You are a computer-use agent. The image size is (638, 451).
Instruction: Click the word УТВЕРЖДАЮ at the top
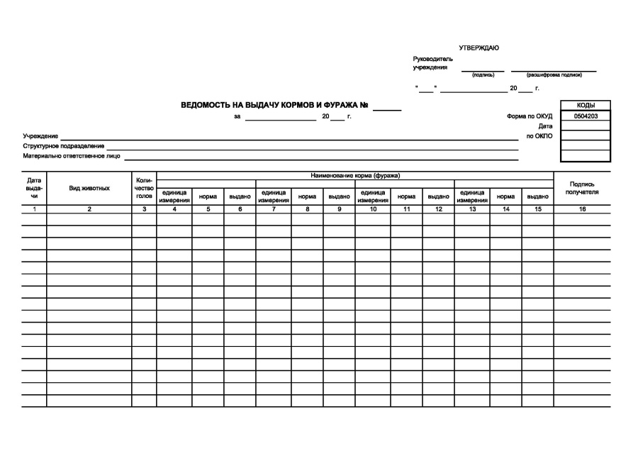coord(478,48)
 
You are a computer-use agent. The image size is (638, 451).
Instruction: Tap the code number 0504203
coord(586,116)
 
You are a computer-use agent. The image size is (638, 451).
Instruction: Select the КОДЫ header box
coord(586,105)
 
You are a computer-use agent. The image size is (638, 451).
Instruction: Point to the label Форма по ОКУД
coord(530,116)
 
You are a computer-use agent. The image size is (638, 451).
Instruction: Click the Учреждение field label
coord(40,135)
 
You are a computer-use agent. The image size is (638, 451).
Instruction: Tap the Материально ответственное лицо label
coord(72,155)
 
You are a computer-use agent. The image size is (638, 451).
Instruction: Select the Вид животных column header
coord(89,188)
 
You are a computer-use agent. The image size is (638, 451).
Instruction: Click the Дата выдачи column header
coord(34,188)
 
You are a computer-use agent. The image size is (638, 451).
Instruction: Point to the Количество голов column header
coord(144,188)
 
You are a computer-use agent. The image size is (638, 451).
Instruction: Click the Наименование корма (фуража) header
coord(355,175)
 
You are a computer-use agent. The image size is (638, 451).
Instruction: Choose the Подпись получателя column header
coord(582,188)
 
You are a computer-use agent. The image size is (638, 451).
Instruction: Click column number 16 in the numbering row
coord(582,209)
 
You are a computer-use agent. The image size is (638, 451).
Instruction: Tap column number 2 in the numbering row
coord(89,209)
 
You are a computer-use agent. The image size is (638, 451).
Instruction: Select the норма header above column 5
coord(208,196)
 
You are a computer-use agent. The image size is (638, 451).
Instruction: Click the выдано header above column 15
coord(538,196)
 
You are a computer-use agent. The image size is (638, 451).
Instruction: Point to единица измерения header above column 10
coord(373,196)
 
